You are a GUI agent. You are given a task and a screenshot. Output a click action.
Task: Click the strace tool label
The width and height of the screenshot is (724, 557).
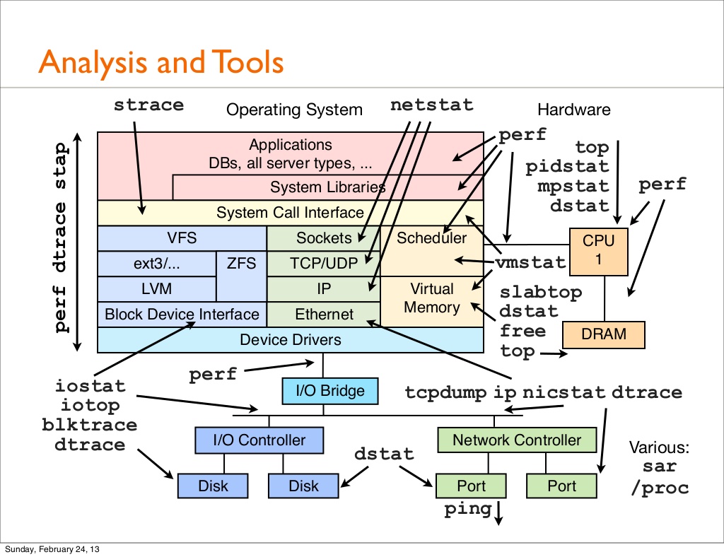[x=148, y=105]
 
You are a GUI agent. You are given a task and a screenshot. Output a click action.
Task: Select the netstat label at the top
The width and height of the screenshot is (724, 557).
[x=432, y=105]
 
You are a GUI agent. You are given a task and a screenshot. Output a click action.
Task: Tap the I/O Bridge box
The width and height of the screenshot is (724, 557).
[x=323, y=390]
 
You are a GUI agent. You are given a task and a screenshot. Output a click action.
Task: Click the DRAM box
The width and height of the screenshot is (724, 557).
[x=604, y=334]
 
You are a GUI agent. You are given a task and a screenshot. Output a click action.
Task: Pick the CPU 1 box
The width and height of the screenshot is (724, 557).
[x=598, y=250]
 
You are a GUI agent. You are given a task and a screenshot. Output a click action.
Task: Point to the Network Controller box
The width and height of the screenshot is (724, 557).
[x=516, y=440]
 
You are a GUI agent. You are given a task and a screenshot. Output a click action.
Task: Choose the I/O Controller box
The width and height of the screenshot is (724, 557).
[x=258, y=440]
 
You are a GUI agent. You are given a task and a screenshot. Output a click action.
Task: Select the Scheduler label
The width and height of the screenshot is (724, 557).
[x=431, y=238]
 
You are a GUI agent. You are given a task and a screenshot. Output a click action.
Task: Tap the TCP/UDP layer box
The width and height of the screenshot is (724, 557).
[x=323, y=264]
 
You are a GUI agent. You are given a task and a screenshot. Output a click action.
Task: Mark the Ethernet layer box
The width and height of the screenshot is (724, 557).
[x=324, y=315]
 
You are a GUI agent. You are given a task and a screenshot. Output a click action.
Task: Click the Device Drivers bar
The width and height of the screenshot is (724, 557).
[x=290, y=340]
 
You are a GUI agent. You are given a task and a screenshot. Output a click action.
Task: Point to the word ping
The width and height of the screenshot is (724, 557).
[x=467, y=510]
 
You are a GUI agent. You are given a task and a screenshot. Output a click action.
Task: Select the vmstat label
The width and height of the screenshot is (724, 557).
[x=530, y=263]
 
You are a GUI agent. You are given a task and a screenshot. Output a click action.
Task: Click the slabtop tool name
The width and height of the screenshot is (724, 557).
[x=541, y=293]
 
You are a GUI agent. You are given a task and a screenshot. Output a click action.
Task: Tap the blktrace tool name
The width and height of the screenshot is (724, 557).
[x=89, y=425]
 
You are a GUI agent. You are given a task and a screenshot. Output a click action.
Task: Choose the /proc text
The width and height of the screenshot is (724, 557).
[x=660, y=488]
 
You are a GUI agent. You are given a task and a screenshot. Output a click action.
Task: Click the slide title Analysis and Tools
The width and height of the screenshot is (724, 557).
[x=160, y=63]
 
